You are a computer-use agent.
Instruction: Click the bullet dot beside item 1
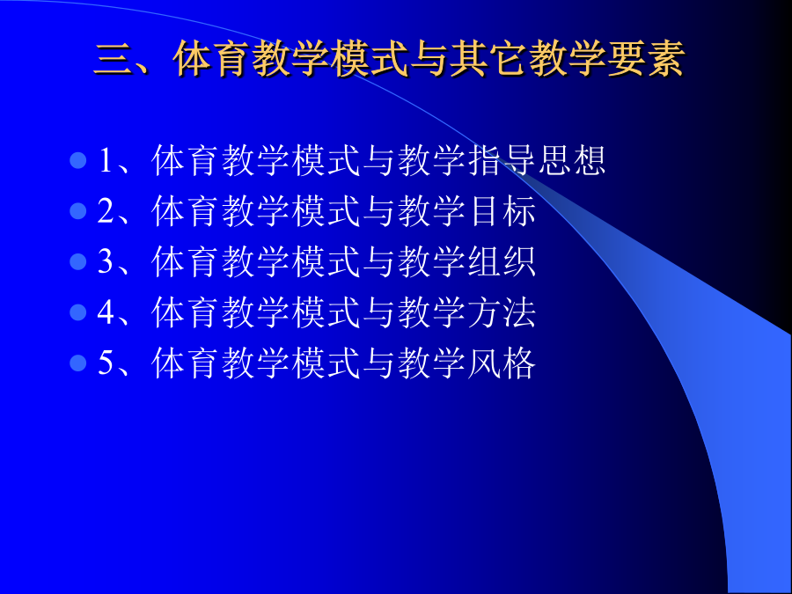[x=77, y=161]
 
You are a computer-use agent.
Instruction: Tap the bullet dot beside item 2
[x=77, y=211]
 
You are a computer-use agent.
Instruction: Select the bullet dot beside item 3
[x=77, y=261]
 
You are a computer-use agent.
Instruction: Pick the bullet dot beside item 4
[x=77, y=312]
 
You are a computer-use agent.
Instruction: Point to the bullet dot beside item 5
[x=77, y=363]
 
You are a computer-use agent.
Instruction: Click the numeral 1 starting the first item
[x=106, y=161]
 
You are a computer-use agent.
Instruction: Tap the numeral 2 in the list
[x=106, y=211]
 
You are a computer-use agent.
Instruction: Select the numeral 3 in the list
[x=106, y=261]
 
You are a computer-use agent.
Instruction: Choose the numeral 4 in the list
[x=106, y=312]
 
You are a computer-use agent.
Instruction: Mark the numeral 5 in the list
[x=106, y=363]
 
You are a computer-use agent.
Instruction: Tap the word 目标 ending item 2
[x=502, y=211]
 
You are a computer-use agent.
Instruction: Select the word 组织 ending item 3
[x=502, y=261]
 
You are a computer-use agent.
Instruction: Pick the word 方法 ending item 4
[x=502, y=312]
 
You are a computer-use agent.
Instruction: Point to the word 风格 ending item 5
[x=502, y=363]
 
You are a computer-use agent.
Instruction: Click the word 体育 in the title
[x=211, y=60]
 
